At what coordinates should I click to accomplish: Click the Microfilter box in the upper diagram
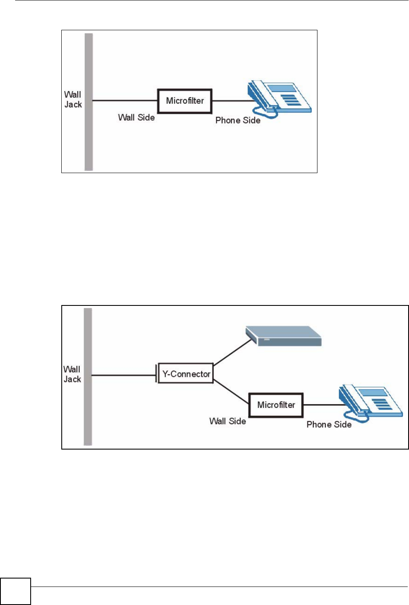tap(185, 101)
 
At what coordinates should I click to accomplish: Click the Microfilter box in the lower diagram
tap(276, 405)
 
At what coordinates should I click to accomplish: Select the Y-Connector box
tap(186, 373)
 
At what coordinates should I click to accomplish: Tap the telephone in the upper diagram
tap(280, 99)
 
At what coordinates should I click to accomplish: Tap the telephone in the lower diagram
tap(371, 403)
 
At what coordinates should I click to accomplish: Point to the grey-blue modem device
tap(283, 336)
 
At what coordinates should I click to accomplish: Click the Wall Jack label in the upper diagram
tap(73, 100)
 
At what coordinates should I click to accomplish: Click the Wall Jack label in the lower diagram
tap(72, 374)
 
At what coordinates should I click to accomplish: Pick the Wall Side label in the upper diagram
tap(136, 118)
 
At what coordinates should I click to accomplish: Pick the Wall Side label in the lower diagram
tap(228, 421)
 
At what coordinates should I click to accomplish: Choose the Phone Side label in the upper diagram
tap(238, 120)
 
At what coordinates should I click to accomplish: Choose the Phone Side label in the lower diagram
tap(329, 425)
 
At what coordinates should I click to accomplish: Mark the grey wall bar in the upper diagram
tap(89, 102)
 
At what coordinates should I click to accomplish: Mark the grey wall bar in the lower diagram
tap(88, 376)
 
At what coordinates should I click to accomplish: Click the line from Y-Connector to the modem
tap(233, 352)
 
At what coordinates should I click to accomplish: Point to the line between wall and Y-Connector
tap(124, 375)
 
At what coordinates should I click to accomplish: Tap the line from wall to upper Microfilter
tap(125, 101)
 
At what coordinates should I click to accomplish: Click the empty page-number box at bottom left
tap(16, 592)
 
